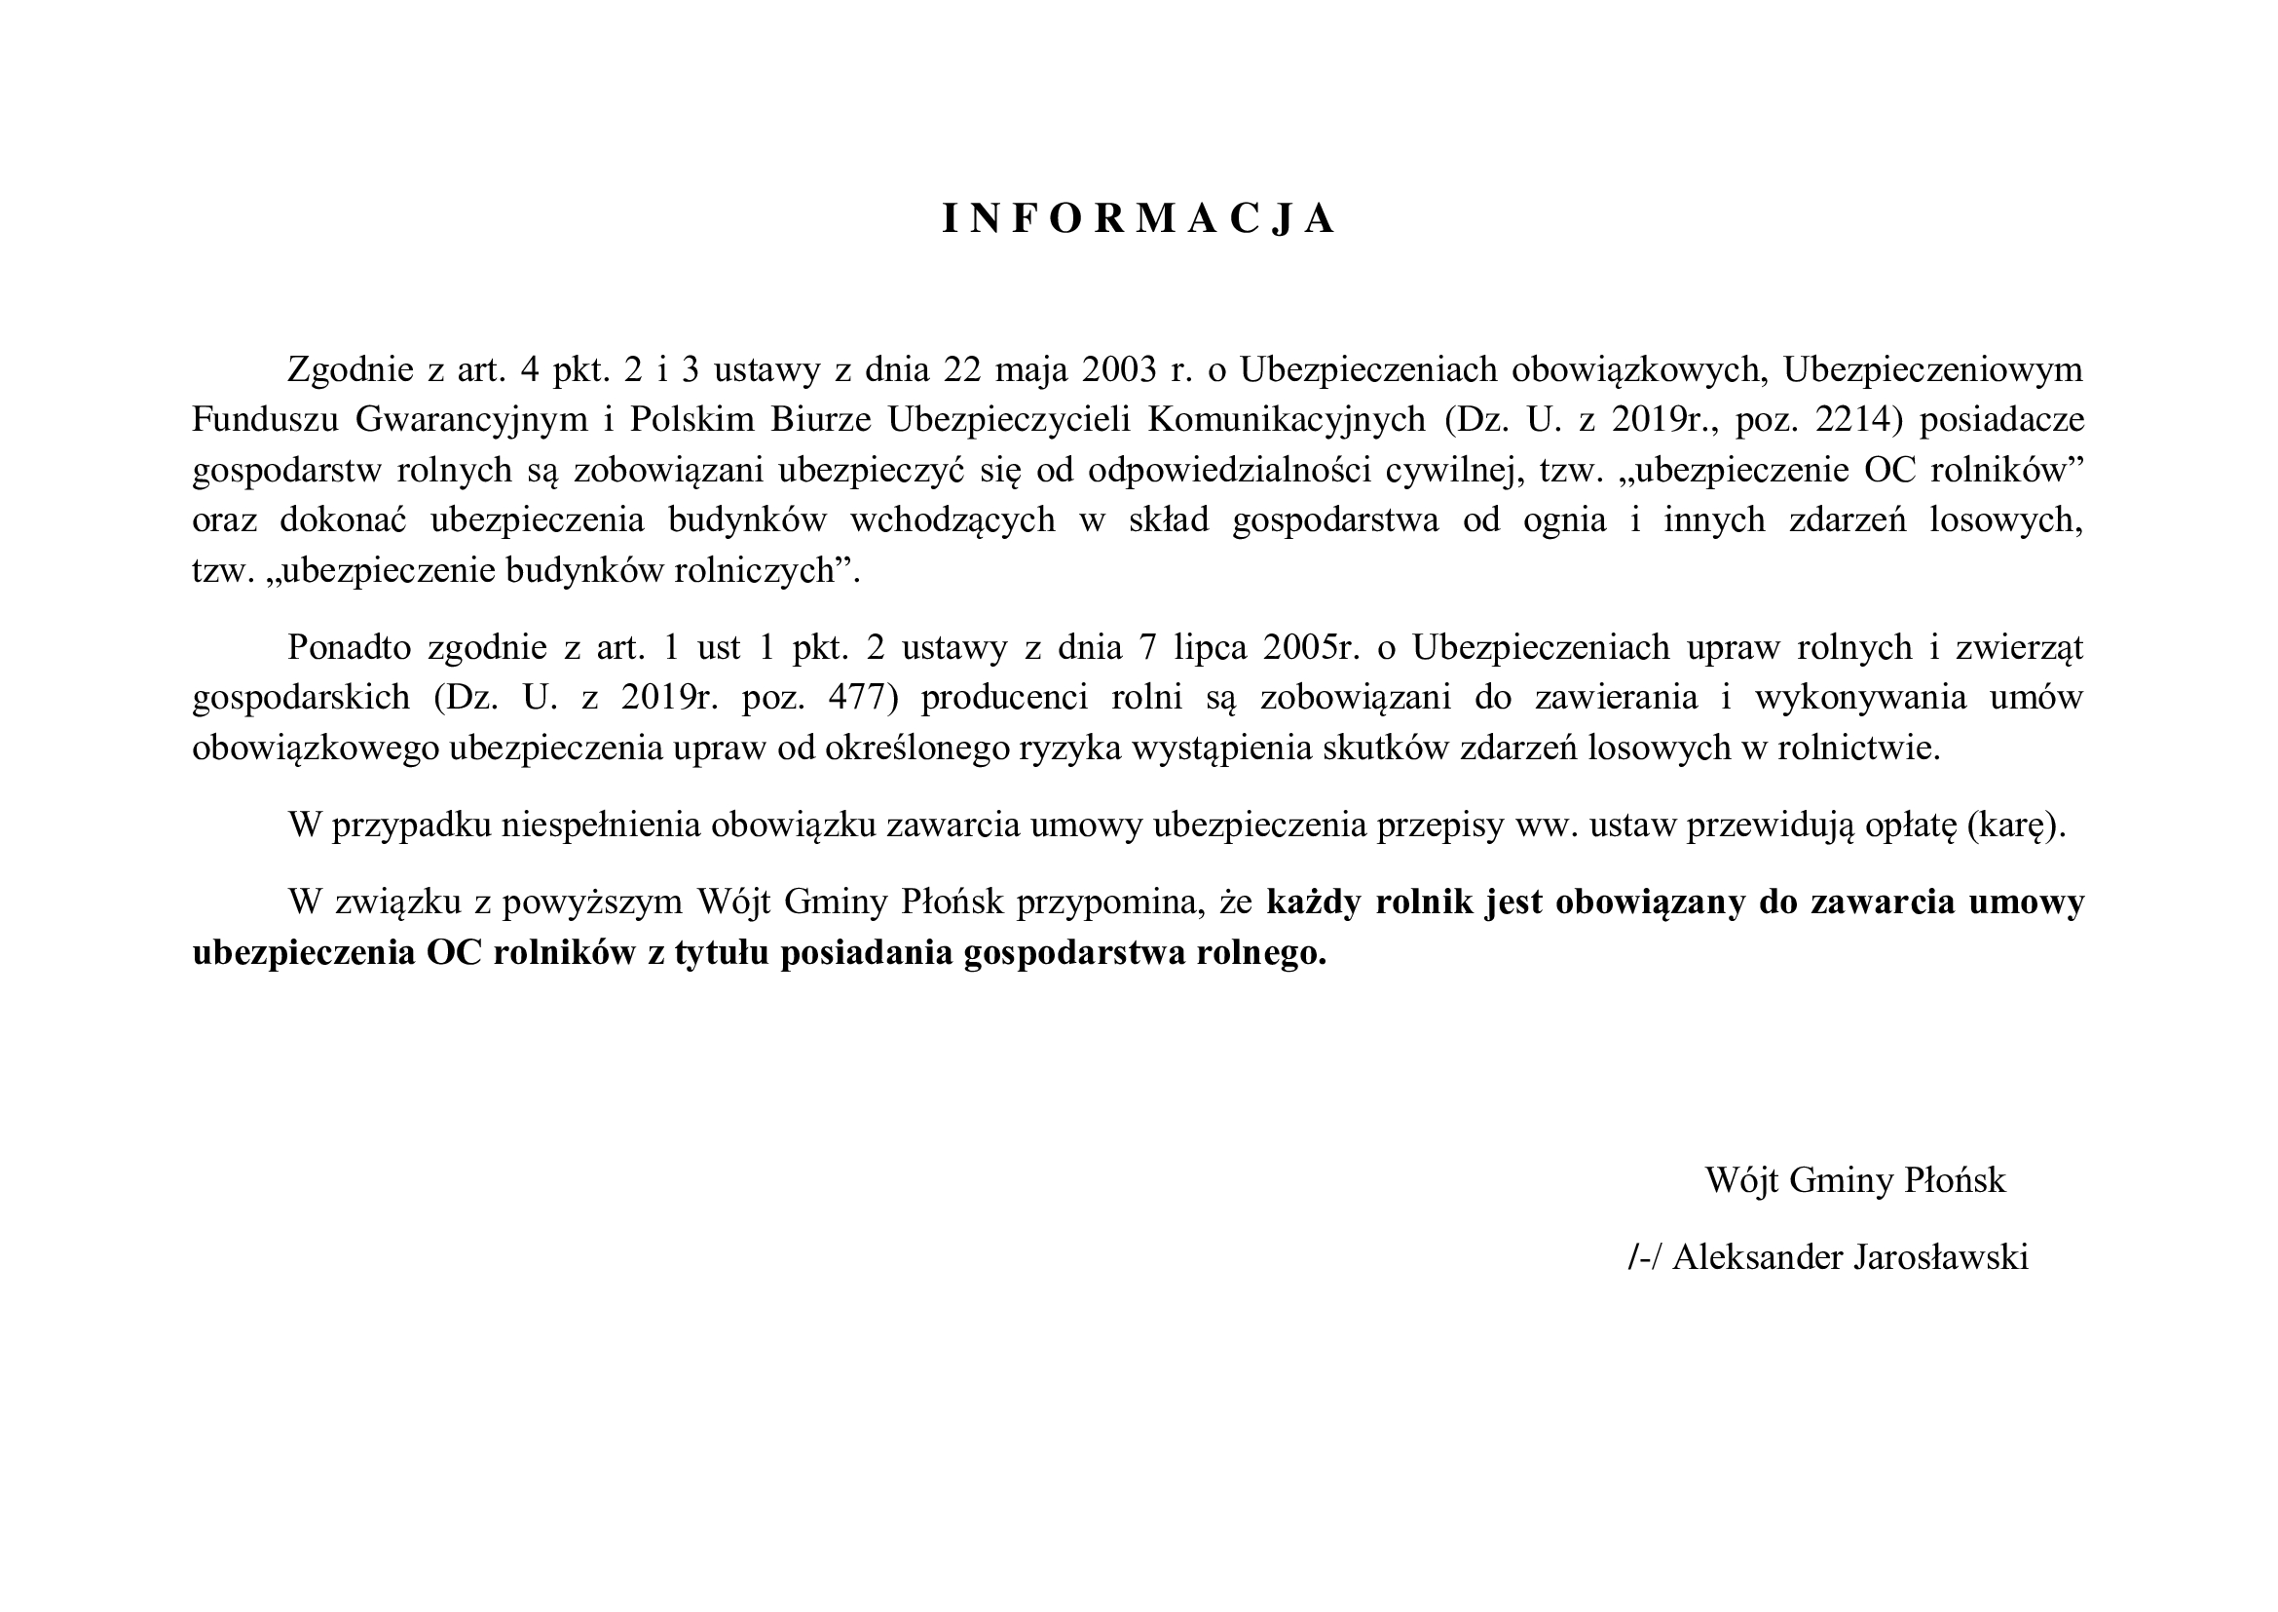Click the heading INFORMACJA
click(1138, 219)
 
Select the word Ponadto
click(348, 647)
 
